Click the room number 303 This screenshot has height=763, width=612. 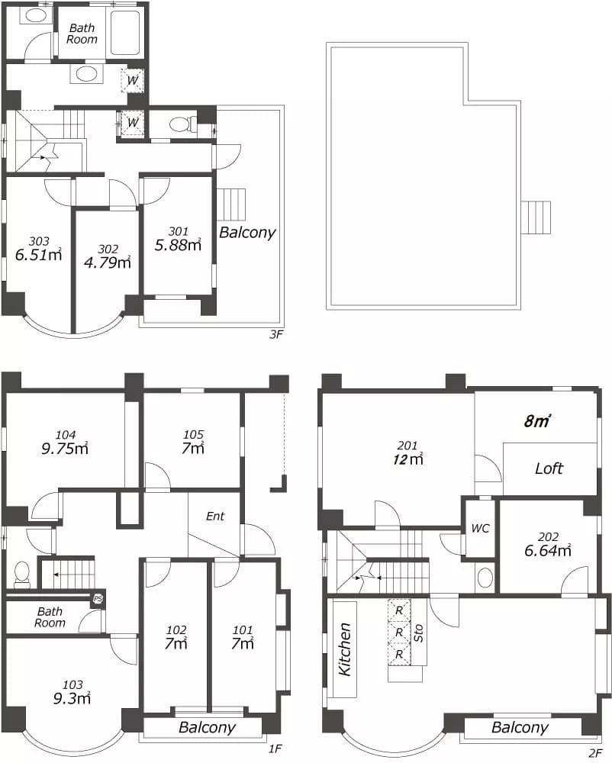39,241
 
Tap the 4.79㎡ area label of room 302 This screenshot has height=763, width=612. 108,262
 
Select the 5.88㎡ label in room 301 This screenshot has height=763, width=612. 178,244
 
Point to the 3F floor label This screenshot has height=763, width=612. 275,335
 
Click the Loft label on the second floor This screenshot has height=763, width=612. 549,468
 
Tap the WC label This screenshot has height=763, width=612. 480,529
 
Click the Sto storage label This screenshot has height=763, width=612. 418,633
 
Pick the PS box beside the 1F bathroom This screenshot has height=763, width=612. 98,599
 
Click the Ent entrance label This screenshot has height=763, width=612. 215,516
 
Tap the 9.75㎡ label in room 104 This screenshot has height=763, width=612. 65,448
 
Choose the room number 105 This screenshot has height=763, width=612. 193,434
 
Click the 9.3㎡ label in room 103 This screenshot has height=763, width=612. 72,698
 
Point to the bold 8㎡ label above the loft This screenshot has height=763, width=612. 537,421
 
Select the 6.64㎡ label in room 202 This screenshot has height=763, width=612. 547,550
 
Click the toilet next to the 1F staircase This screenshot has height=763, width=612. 22,572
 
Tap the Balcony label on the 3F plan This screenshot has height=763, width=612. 247,232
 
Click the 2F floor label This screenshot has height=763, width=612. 594,753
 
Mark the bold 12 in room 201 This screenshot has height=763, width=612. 400,459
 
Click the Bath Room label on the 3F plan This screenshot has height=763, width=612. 82,34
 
